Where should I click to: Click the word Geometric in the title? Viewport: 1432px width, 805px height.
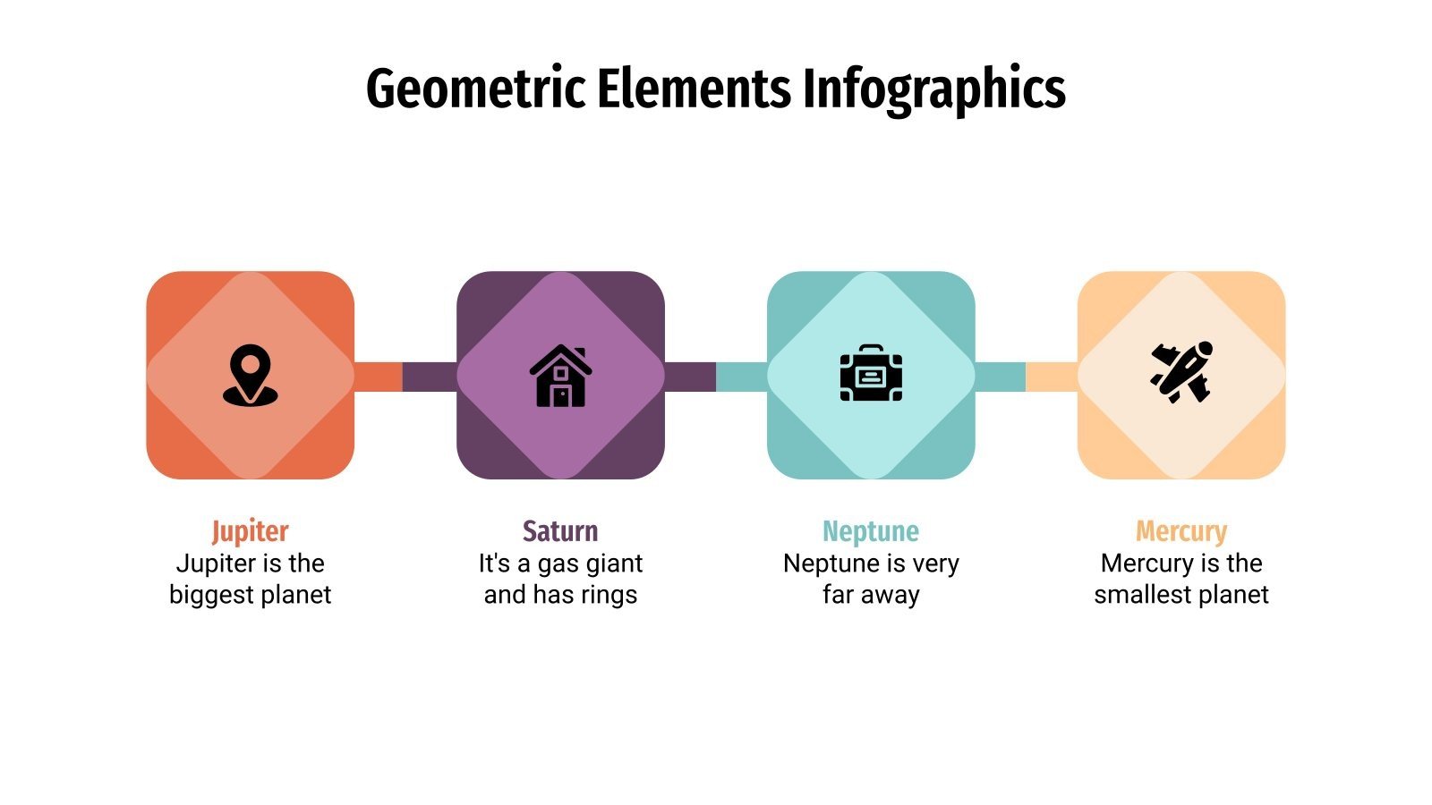point(475,89)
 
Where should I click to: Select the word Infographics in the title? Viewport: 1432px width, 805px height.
point(933,89)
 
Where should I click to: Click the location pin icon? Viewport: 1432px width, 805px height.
point(250,375)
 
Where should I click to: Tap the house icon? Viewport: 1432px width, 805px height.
point(560,376)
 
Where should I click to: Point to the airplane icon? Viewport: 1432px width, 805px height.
point(1181,372)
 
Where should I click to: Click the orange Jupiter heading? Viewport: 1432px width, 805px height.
point(250,531)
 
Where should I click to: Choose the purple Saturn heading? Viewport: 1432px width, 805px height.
point(560,531)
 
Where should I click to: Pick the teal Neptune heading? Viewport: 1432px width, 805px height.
point(871,531)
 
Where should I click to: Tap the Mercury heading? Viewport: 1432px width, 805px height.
point(1181,531)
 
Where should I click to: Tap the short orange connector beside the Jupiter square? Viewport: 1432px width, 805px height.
point(379,377)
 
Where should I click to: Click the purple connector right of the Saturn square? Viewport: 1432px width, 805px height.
point(690,377)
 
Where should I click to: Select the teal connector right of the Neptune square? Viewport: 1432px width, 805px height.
point(1000,377)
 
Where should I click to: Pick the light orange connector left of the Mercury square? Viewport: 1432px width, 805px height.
point(1052,377)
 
